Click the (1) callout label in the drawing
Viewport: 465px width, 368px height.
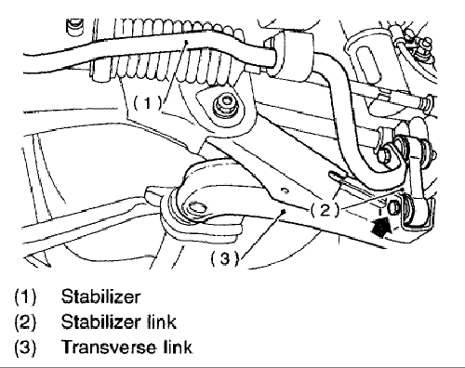click(x=148, y=102)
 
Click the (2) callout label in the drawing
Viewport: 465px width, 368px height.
click(x=325, y=211)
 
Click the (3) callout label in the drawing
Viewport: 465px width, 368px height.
click(x=225, y=258)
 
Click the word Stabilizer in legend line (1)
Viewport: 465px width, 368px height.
click(x=100, y=296)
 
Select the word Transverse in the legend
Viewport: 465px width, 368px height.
click(x=109, y=347)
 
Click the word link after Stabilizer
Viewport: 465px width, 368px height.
click(x=161, y=322)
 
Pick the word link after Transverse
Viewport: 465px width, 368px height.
click(x=178, y=347)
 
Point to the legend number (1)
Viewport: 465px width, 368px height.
click(x=25, y=296)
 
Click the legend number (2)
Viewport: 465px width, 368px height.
click(x=25, y=322)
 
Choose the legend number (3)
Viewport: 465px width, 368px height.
click(x=25, y=347)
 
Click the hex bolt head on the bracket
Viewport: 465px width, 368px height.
click(x=225, y=104)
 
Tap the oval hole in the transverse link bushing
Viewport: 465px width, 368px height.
click(x=195, y=207)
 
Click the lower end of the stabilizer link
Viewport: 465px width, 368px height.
click(x=416, y=212)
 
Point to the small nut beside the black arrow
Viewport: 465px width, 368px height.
click(x=393, y=207)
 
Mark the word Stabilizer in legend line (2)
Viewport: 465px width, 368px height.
click(x=100, y=322)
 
